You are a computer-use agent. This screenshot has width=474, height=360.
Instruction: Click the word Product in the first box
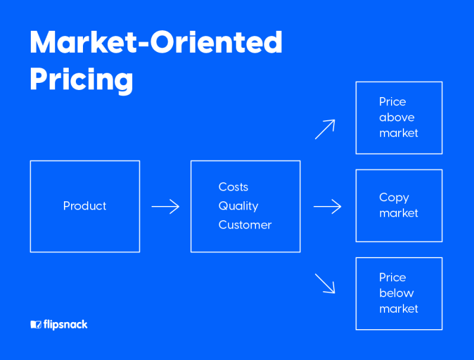pos(85,206)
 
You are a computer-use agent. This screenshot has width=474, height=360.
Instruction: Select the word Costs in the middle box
pos(233,187)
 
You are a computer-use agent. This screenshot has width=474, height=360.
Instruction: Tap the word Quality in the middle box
pos(238,206)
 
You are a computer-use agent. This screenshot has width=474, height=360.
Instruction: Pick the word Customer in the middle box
pos(245,225)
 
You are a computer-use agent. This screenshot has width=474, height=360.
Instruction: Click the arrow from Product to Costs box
pos(165,206)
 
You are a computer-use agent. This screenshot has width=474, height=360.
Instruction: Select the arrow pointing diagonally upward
pos(325,129)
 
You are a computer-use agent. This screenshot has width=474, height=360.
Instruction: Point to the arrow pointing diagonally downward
pos(325,283)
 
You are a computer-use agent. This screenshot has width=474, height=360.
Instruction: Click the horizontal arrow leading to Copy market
pos(327,206)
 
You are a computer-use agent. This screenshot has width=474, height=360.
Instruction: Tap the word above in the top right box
pos(396,117)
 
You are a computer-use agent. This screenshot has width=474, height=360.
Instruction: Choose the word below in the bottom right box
pos(396,293)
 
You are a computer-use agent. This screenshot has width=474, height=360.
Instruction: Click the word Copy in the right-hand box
pos(394,198)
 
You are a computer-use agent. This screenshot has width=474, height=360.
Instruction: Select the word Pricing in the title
pos(81,79)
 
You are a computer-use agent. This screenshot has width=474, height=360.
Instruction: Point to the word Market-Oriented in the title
pos(156,43)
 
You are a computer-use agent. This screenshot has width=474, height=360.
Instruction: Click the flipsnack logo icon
pos(36,324)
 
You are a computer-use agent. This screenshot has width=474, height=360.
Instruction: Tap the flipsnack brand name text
pos(66,324)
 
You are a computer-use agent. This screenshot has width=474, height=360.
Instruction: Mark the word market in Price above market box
pos(399,133)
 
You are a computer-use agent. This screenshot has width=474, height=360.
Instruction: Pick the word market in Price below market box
pos(399,308)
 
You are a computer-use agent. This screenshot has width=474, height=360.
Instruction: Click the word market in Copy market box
pos(399,213)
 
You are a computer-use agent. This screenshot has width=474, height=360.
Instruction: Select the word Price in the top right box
pos(392,102)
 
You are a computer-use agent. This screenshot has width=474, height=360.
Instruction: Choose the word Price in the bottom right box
pos(392,278)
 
